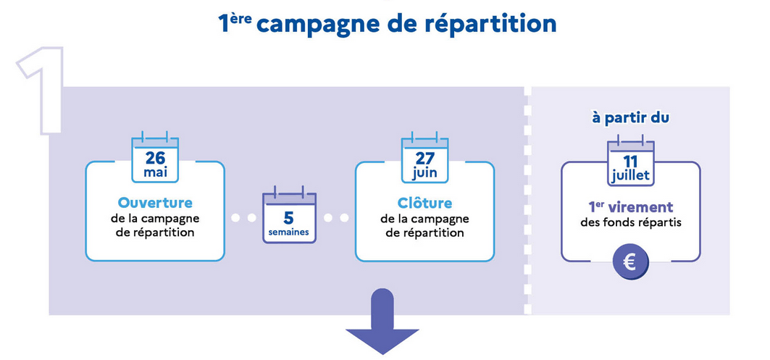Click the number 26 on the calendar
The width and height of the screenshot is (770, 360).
coord(155,159)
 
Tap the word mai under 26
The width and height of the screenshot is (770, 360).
coord(155,173)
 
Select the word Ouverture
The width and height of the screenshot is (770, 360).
coord(155,204)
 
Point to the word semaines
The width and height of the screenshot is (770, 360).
coord(289,233)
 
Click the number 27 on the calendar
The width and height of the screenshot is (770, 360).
coord(424,159)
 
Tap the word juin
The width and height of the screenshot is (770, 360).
coord(424,174)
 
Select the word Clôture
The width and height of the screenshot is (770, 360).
coord(424,203)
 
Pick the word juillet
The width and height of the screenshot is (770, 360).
coord(630,175)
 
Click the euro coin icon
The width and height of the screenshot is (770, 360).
coord(630,262)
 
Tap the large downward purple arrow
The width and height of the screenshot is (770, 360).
coord(382,321)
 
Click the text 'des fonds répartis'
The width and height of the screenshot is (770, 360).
coord(630,222)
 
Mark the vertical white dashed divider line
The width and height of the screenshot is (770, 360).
coord(527,201)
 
